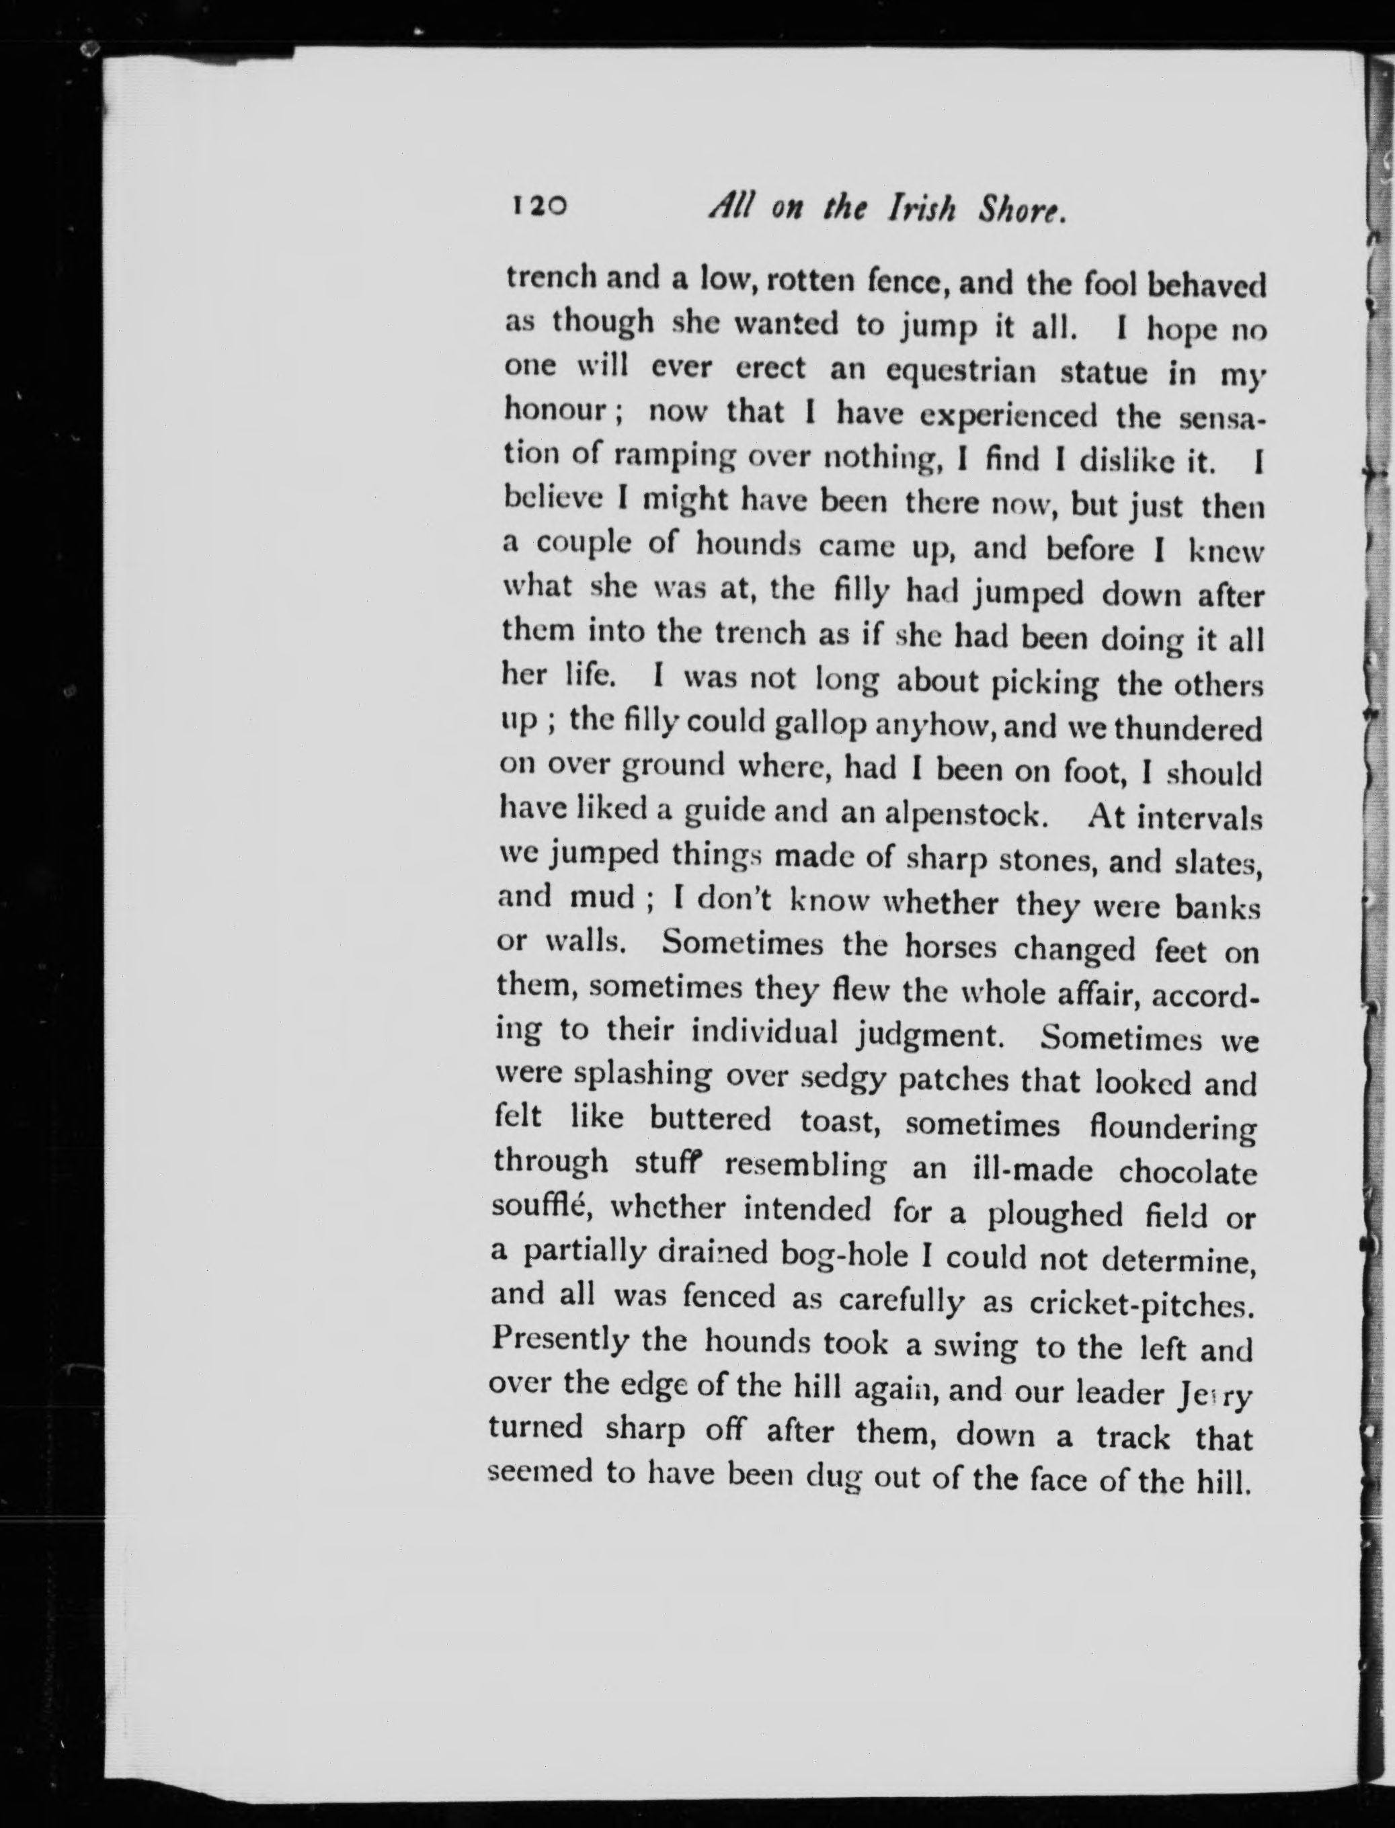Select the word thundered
[1187, 730]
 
